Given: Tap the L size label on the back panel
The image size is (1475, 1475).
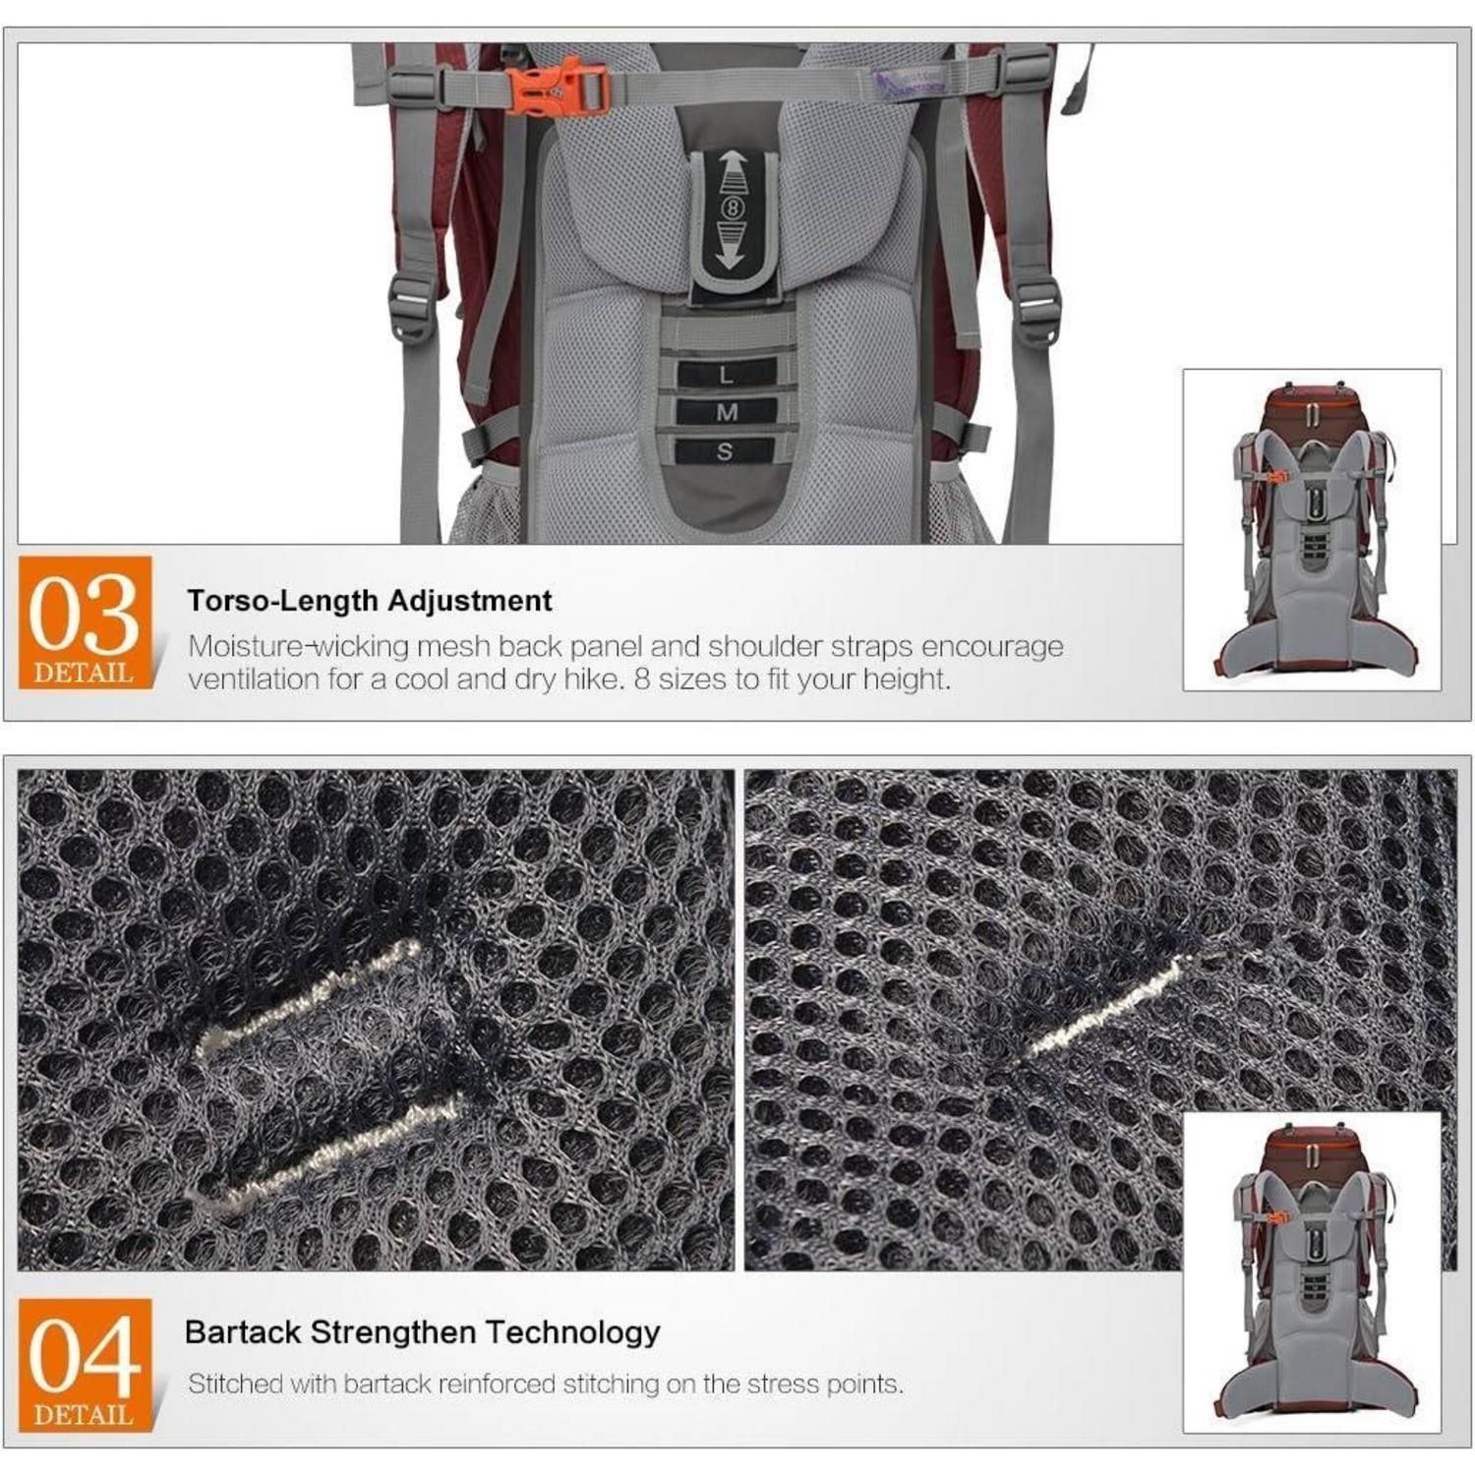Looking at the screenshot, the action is [726, 375].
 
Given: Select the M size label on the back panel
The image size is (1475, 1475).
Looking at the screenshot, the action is [726, 412].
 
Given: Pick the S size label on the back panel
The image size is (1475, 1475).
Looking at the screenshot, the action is [726, 451].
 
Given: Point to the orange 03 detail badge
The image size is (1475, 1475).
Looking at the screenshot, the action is [85, 621].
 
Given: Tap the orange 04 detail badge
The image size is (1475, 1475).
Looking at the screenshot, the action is [85, 1364].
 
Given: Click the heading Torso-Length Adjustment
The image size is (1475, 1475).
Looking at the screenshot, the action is [370, 601].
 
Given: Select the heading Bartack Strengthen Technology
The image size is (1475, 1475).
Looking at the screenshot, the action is [423, 1332].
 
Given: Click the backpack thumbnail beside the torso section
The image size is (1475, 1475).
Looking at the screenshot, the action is [1312, 529].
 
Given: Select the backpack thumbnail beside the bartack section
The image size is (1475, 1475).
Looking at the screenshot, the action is [1312, 1271].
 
